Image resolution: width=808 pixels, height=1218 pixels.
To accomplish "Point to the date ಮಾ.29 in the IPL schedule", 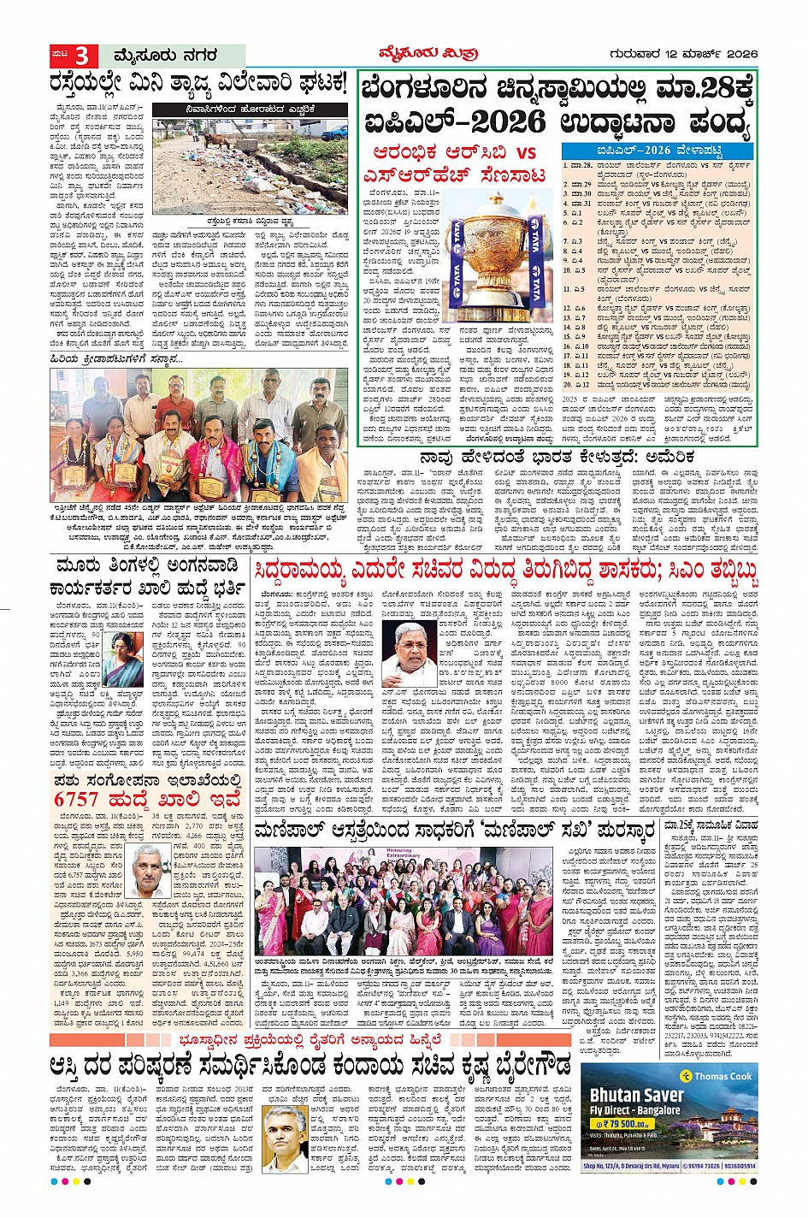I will (582, 184).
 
